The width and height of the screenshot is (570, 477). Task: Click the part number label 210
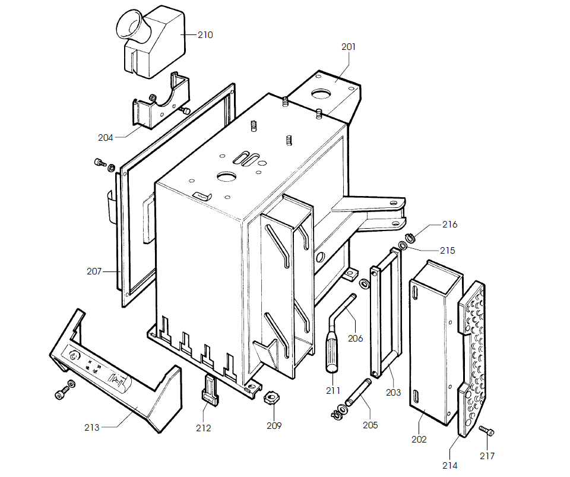[x=205, y=35]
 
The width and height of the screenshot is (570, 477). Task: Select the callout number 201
[x=349, y=47]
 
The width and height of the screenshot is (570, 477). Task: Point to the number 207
[x=94, y=271]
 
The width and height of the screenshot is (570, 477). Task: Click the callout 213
[x=92, y=427]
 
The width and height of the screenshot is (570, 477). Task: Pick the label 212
[x=203, y=428]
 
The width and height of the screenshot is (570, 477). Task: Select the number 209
[x=274, y=425]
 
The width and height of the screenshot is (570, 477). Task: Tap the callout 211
[x=333, y=390]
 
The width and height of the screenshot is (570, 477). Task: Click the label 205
[x=369, y=425]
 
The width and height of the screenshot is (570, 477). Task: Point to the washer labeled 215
[x=403, y=245]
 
